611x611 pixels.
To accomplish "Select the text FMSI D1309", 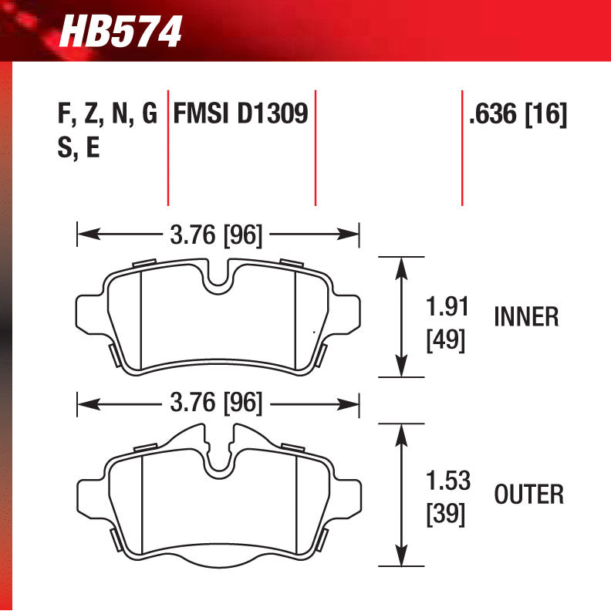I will (241, 115).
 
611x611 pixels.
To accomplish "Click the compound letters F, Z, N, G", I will (107, 115).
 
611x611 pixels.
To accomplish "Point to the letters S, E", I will (79, 147).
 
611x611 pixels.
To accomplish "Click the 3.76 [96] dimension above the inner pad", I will (216, 235).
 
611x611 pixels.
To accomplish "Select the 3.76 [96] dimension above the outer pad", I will (216, 403).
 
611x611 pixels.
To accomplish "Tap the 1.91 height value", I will (447, 306).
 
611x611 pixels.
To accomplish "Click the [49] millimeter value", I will (446, 340).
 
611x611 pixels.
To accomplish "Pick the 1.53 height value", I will (447, 481).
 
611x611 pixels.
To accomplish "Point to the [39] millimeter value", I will (446, 514).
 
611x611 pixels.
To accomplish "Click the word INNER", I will (526, 317).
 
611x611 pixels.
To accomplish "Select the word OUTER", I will (529, 494).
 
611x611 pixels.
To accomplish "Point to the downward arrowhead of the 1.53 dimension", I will (400, 560).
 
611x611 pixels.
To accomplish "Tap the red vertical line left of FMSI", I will (167, 147).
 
